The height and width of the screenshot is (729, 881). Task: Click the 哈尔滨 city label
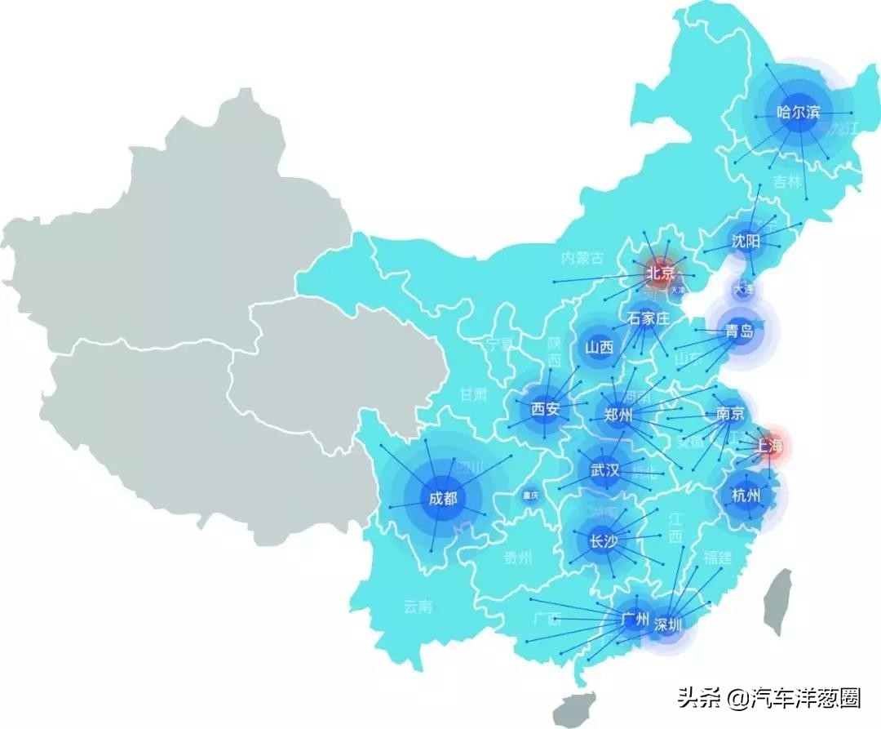coord(799,113)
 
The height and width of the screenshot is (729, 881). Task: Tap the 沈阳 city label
coord(746,242)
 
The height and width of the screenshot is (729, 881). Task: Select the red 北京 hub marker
coord(661,273)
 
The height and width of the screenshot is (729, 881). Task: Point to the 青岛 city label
coord(739,332)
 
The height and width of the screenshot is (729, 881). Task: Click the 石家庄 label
coord(649,318)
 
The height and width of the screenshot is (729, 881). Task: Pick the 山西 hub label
coord(599,347)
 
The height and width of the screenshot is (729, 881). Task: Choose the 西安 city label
coord(545,409)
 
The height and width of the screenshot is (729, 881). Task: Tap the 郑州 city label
coord(618,416)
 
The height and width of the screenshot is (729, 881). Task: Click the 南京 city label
coord(729,413)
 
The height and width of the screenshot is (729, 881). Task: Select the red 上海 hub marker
coord(768,447)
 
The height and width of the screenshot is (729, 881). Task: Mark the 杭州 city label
coord(746,495)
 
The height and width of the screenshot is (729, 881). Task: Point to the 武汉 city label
coord(604,470)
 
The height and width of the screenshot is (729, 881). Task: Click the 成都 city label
coord(442,499)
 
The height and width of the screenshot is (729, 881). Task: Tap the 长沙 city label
coord(603,540)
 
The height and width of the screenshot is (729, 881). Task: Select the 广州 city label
coord(634,620)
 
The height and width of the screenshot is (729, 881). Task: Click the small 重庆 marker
coord(531,496)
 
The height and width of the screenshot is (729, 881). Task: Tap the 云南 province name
coord(417,607)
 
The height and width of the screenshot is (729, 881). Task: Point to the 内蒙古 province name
coord(582,259)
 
